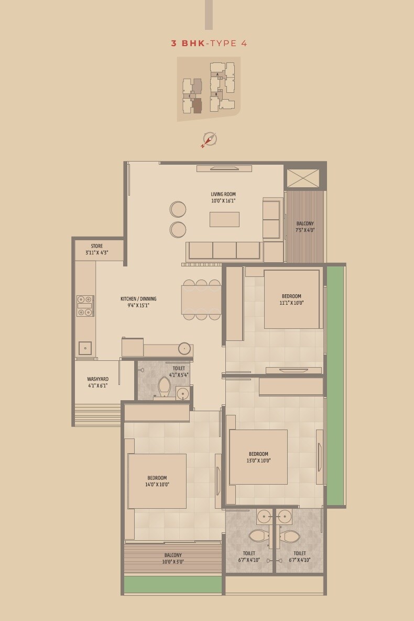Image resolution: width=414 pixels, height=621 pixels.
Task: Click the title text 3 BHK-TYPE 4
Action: pos(209,44)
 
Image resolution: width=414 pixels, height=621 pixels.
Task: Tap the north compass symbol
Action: pos(209,140)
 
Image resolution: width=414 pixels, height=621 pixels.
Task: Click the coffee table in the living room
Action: pos(224,219)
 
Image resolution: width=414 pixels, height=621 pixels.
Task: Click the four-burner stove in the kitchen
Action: pos(85,306)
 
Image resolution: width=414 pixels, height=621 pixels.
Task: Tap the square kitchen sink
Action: pos(85,348)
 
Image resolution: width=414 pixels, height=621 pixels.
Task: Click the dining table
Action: pos(201,299)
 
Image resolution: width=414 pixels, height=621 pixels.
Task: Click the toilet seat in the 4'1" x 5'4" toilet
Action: pos(164,387)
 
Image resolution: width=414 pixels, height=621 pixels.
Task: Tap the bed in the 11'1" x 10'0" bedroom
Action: pos(291,299)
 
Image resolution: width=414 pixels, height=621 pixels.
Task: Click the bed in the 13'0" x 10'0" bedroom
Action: pos(258,457)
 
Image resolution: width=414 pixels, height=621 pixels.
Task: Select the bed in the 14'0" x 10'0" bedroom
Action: pos(157,481)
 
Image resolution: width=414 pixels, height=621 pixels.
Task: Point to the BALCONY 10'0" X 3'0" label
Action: pos(173,558)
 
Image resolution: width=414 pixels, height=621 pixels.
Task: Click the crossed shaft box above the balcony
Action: pos(303,178)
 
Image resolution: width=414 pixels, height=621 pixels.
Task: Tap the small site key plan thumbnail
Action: pos(209,88)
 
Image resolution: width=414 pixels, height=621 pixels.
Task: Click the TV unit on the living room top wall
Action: pos(224,168)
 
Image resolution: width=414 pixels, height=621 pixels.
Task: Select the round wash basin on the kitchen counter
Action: pos(184,348)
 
